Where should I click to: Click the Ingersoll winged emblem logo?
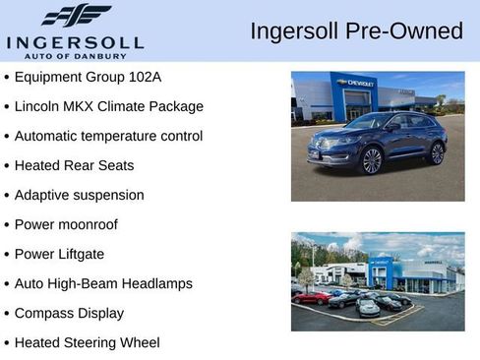pos(76,15)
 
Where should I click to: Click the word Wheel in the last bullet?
pos(139,342)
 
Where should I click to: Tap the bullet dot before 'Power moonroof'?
pos(7,225)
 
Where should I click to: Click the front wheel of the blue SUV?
pos(371,159)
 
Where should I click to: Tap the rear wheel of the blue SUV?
pos(437,152)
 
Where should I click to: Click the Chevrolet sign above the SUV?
pos(354,84)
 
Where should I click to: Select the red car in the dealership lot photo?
pos(313,297)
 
